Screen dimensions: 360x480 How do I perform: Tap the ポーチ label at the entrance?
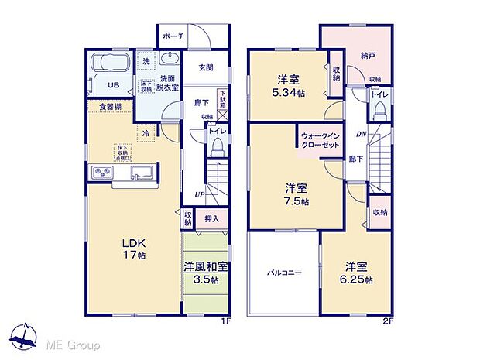(173, 36)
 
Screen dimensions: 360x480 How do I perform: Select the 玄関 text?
(196, 67)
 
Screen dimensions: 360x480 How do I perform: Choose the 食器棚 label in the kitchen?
(108, 107)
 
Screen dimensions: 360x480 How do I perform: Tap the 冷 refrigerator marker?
(145, 132)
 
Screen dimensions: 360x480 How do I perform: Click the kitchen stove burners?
(103, 171)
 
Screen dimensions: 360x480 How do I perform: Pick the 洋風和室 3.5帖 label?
(206, 273)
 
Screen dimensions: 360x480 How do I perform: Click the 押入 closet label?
(211, 219)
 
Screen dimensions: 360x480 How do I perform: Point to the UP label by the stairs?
(200, 194)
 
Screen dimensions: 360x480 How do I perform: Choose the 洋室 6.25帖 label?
(358, 273)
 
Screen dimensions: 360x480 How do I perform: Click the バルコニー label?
(284, 273)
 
